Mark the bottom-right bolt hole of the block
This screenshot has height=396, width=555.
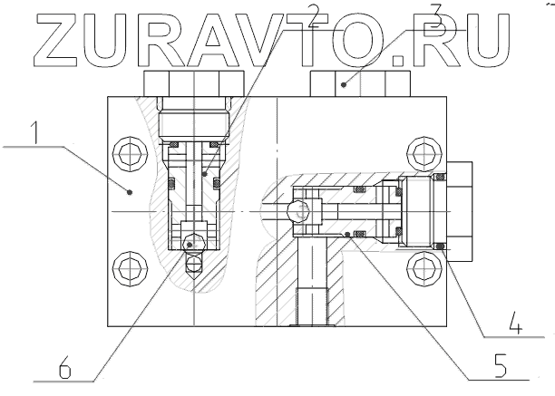[x=419, y=267]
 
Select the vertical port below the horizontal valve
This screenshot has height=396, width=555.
[x=310, y=281]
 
